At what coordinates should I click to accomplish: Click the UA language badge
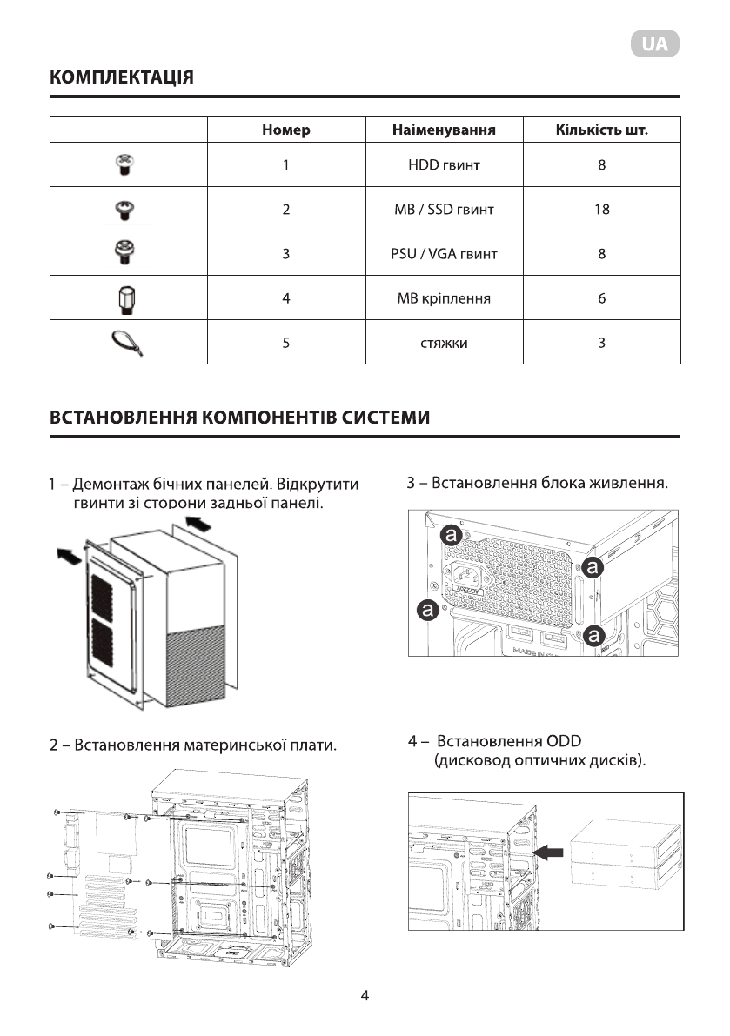tap(655, 45)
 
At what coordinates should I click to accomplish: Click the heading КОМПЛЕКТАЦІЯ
tap(122, 77)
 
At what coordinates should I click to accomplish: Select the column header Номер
tap(285, 130)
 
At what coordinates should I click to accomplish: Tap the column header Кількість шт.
tap(601, 130)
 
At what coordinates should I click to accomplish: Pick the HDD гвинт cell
tap(444, 164)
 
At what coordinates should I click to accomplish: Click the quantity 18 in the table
tap(601, 210)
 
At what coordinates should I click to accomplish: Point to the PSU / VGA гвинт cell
tap(444, 254)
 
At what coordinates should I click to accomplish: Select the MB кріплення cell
tap(444, 298)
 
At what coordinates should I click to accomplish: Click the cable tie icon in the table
tap(129, 343)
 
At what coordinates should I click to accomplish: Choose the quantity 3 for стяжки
tap(601, 343)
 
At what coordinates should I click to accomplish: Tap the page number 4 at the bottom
tap(365, 996)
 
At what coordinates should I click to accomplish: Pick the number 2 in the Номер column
tap(285, 210)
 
